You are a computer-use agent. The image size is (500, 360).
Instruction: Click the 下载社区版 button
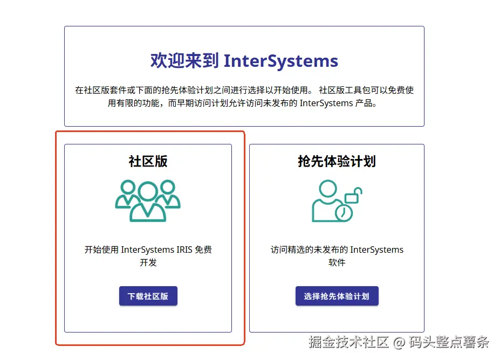point(148,296)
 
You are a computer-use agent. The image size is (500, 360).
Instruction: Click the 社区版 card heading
point(148,161)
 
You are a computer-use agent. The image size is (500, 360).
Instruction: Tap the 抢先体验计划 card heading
point(337,161)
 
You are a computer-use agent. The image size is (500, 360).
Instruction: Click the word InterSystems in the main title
point(281,61)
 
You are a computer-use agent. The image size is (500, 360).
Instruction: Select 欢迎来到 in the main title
point(184,61)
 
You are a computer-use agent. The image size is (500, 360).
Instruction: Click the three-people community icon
point(148,200)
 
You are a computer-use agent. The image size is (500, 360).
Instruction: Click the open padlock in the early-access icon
point(353,195)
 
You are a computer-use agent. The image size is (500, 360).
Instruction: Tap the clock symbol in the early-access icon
point(344,213)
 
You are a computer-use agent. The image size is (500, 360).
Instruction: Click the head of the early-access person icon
point(327,189)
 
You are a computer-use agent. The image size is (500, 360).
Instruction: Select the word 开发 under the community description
point(148,263)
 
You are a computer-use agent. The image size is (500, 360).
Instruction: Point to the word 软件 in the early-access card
point(337,263)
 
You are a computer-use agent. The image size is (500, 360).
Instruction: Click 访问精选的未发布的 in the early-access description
point(309,250)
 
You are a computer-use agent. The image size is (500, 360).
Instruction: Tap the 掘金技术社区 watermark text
point(349,342)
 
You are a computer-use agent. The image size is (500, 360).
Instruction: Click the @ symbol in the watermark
point(399,342)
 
